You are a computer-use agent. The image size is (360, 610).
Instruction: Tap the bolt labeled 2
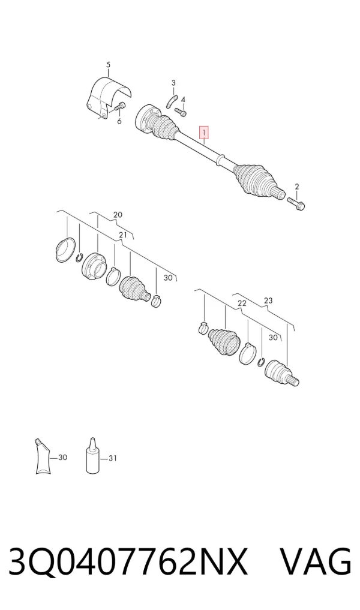click(x=296, y=203)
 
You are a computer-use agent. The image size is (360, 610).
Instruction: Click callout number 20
click(x=118, y=214)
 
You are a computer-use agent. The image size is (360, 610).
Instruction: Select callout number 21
click(x=123, y=235)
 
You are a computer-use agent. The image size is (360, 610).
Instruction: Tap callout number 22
click(x=242, y=304)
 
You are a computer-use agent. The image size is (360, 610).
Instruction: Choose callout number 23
click(x=268, y=301)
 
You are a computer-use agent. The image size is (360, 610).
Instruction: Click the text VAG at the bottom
click(x=316, y=561)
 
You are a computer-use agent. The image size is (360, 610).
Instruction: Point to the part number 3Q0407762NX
click(x=128, y=562)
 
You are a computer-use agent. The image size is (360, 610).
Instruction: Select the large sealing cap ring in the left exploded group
click(x=65, y=249)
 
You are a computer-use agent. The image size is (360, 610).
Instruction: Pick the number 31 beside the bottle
click(x=112, y=458)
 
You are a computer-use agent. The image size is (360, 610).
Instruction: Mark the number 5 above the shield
click(x=108, y=65)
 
